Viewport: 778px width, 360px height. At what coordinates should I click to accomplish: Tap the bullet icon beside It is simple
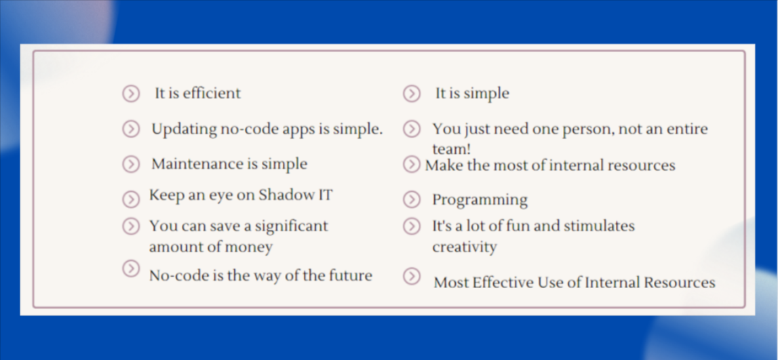coord(412,94)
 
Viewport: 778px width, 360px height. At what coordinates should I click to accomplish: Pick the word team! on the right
coord(452,148)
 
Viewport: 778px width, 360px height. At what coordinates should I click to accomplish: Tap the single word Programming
coord(480,200)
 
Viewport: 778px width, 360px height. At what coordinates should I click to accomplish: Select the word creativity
coord(465,247)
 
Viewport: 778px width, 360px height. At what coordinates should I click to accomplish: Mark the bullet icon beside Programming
coord(412,199)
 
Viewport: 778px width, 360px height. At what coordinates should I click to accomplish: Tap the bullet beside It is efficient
coord(131,94)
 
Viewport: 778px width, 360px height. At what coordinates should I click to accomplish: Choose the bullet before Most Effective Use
coord(412,276)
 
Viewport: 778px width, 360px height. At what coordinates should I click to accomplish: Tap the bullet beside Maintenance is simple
coord(131,164)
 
